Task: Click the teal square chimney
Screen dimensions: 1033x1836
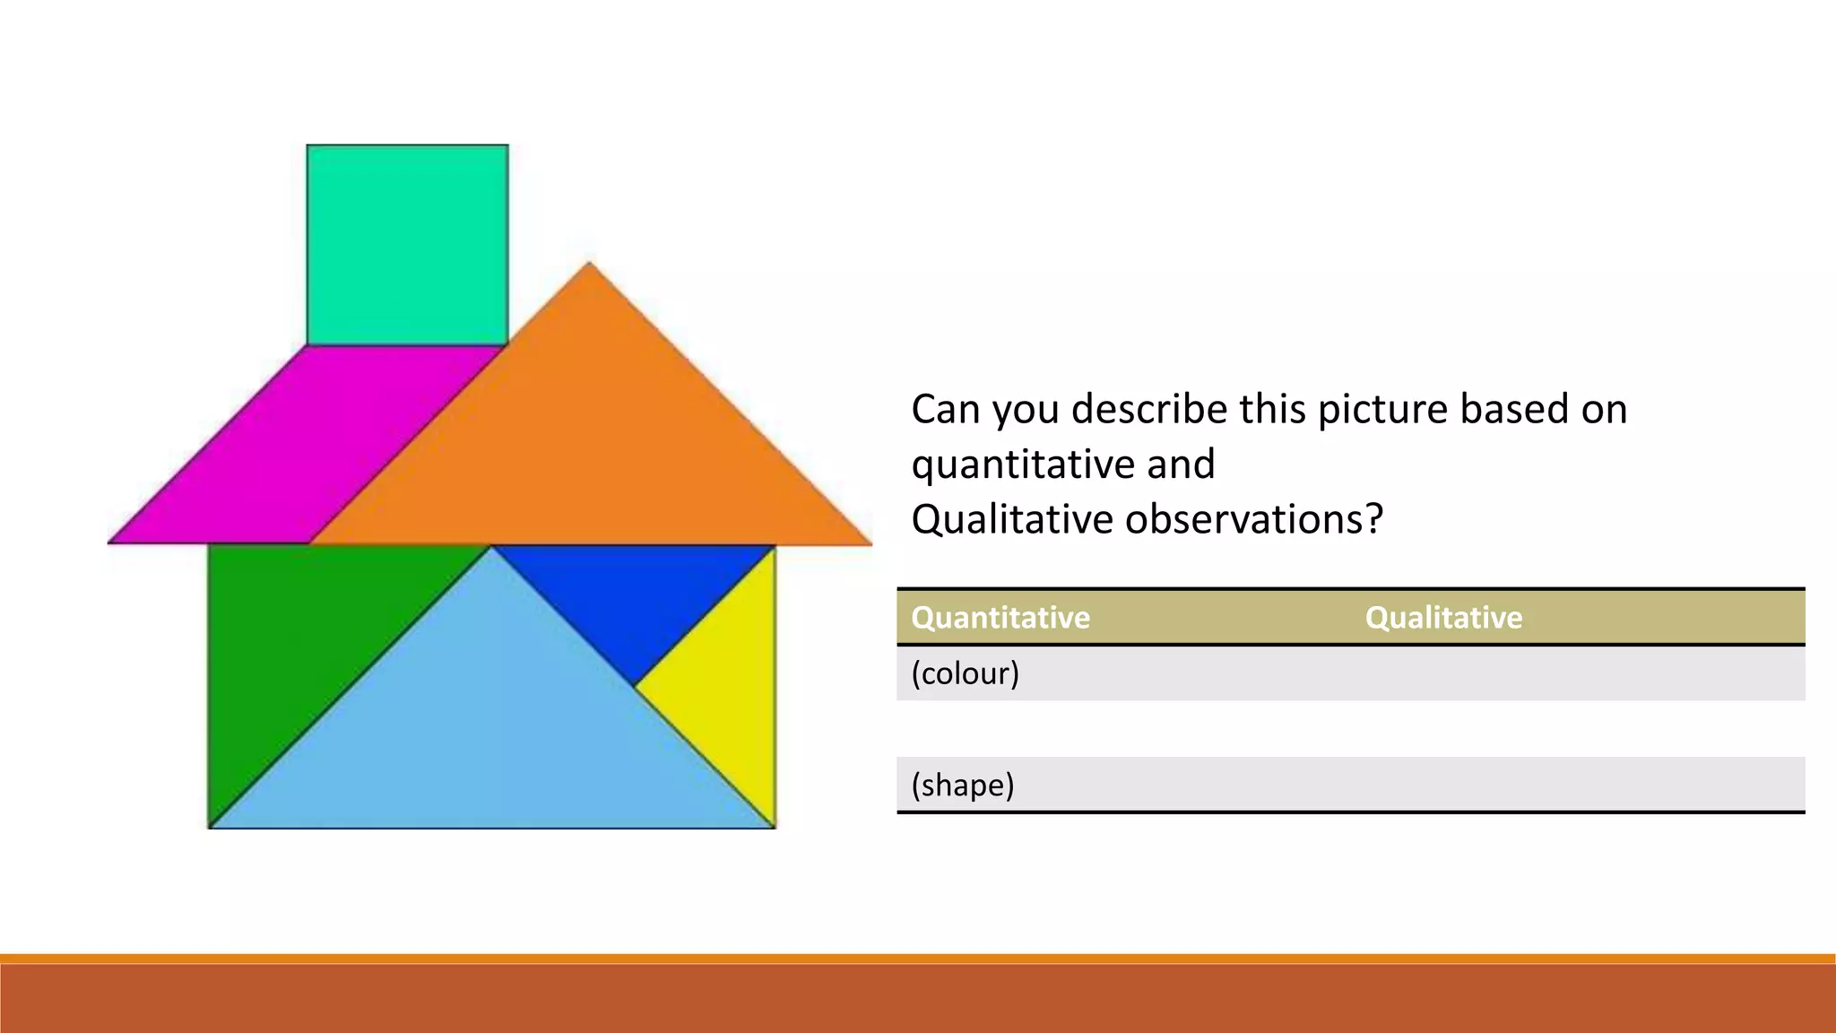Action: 407,245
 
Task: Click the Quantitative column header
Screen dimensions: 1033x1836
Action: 1000,618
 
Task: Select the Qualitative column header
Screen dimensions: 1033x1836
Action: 1443,618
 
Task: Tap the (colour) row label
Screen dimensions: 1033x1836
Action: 966,673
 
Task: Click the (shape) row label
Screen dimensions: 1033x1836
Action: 963,785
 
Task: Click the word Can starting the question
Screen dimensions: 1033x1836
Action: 945,409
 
